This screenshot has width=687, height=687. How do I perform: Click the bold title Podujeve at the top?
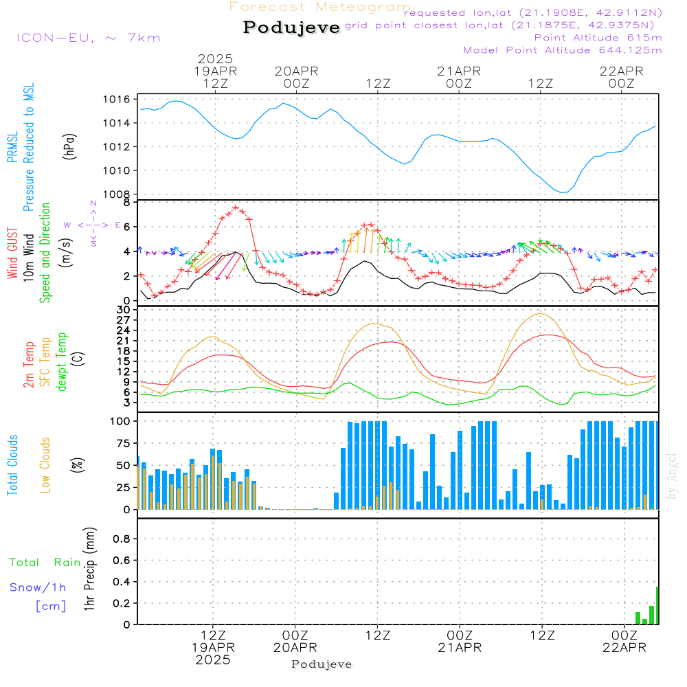(291, 27)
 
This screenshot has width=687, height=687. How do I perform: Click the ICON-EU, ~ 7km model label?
(89, 38)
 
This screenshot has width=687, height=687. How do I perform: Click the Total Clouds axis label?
(12, 465)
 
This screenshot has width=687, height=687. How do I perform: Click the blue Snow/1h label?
(38, 587)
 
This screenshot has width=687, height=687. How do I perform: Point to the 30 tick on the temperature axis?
(124, 310)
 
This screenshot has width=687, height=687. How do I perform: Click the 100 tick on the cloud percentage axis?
(121, 420)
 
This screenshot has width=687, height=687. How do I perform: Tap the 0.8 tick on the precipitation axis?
(121, 539)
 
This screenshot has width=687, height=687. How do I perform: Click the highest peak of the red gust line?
(236, 207)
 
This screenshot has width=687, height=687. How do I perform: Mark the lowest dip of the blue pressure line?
(563, 192)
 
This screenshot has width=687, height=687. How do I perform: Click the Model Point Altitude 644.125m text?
(563, 50)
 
